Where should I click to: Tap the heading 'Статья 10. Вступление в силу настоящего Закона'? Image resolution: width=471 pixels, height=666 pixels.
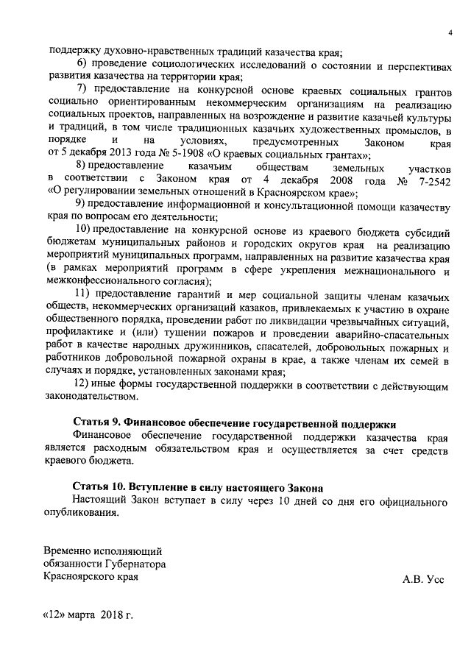198,487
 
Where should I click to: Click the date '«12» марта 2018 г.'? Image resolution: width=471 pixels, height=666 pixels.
88,615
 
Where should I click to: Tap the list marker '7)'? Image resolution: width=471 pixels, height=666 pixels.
82,88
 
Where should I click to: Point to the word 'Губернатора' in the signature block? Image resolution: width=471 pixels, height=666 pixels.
138,563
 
